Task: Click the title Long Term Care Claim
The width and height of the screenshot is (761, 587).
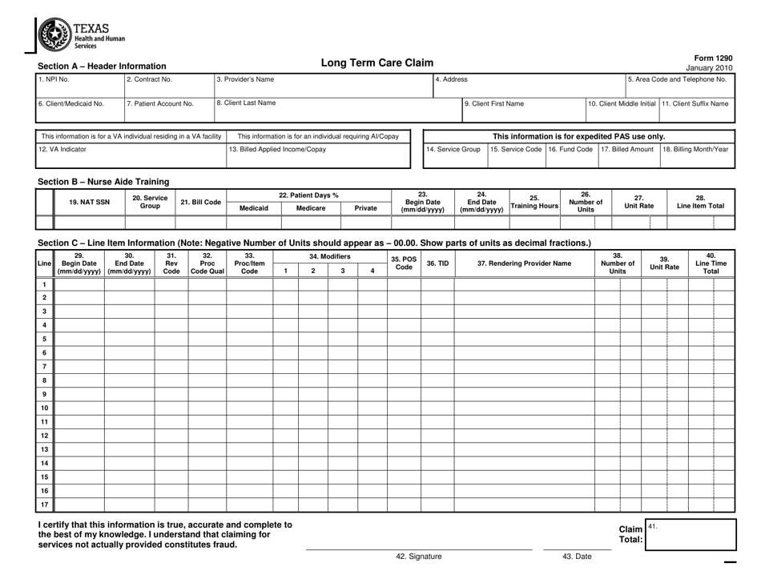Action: coord(376,62)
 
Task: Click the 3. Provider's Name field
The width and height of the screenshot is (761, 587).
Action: coord(322,86)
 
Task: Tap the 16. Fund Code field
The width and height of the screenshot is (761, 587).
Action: coord(570,155)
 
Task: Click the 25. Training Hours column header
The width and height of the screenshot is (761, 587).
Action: coord(534,203)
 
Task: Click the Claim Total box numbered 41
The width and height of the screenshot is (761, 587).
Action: coord(691,534)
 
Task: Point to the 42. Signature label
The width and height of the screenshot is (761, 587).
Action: coord(419,556)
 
